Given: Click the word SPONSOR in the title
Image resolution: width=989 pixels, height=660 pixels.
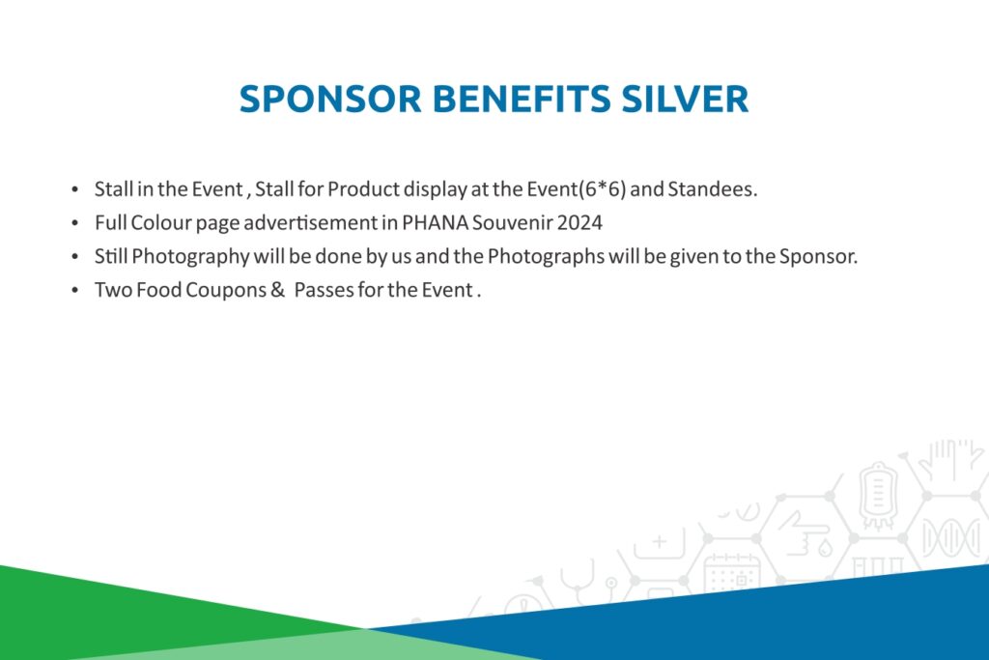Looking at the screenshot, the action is coord(330,100).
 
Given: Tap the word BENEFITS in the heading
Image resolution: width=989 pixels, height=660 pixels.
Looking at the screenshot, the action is coord(521,100).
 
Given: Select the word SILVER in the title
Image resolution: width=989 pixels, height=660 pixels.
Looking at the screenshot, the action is coord(685,100).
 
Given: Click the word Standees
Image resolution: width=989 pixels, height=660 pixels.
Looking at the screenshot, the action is coord(712,189).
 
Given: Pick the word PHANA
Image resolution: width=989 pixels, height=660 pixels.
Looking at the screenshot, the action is coord(436,222).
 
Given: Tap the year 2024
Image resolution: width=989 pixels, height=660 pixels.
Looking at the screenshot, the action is coord(579,222).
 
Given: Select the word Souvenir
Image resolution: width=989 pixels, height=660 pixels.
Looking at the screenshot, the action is coord(512,222).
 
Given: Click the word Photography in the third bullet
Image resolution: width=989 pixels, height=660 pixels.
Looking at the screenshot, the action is coord(190,257).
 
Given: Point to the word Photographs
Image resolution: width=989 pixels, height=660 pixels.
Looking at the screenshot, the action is coord(546,257).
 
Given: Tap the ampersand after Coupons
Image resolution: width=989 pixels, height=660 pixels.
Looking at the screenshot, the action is coord(277,290).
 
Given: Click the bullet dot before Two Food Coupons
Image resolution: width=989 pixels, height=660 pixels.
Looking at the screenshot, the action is coord(75,290).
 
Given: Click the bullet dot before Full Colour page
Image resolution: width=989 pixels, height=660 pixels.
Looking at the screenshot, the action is coord(75,222).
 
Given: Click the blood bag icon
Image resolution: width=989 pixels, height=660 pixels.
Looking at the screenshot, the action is coord(877,496).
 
